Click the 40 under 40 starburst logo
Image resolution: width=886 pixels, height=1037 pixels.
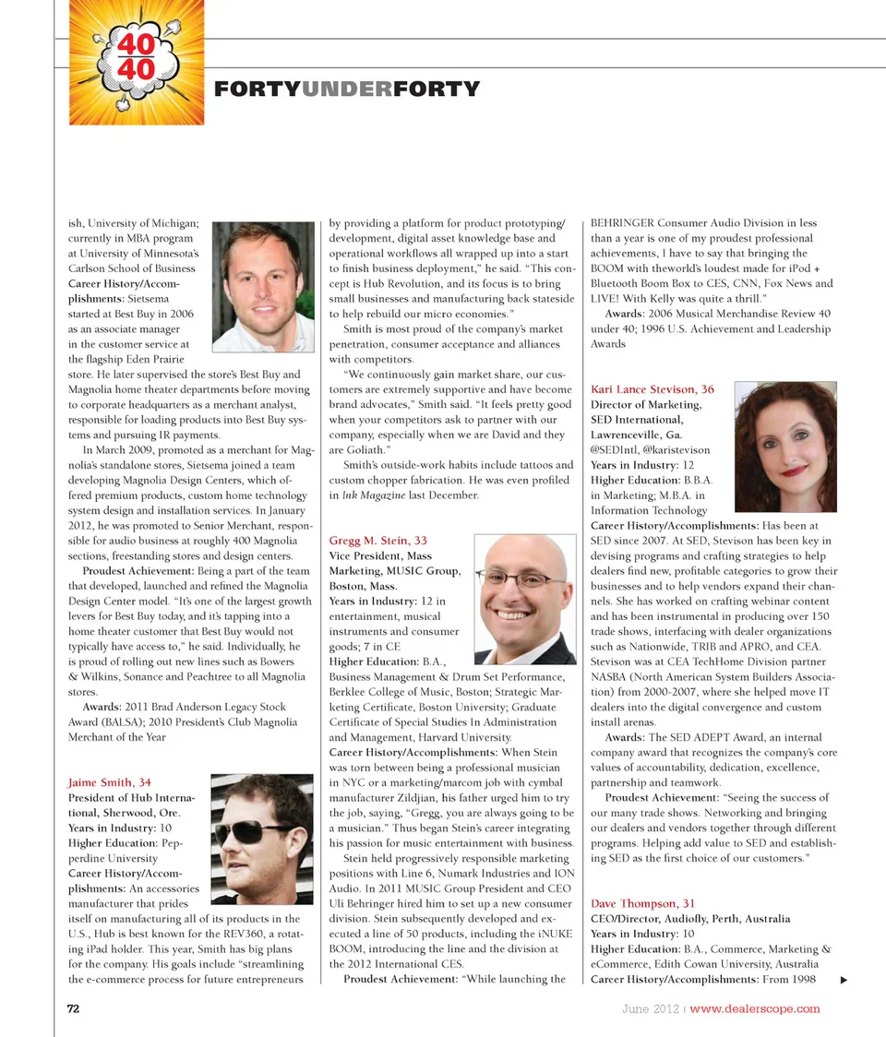click(136, 62)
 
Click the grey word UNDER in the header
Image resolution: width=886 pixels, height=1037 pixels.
click(346, 89)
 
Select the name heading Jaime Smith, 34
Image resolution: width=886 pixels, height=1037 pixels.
click(110, 782)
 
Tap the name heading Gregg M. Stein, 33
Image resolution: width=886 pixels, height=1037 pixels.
click(377, 540)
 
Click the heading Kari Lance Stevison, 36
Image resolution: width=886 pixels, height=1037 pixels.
click(652, 389)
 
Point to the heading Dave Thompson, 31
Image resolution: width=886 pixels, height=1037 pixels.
click(642, 903)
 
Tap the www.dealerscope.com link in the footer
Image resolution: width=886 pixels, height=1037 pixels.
click(755, 1007)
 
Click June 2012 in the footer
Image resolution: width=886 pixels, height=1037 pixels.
click(651, 1007)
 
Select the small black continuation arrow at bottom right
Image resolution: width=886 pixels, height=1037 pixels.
click(842, 979)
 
